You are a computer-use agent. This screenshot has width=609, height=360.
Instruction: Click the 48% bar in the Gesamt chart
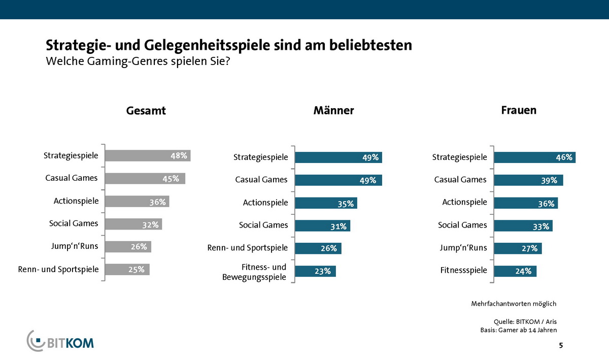click(x=147, y=155)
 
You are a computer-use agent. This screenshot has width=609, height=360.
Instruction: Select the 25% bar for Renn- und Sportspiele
click(x=127, y=269)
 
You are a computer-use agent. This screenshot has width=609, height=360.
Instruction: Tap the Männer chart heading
click(x=333, y=111)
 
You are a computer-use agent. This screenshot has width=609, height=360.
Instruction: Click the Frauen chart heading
click(x=518, y=110)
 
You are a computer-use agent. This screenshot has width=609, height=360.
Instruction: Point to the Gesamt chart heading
click(x=146, y=111)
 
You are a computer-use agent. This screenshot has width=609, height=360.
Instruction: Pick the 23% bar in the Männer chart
click(x=315, y=271)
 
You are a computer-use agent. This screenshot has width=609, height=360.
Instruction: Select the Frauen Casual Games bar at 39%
click(x=528, y=180)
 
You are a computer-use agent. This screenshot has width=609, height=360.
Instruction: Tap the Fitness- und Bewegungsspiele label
click(x=254, y=272)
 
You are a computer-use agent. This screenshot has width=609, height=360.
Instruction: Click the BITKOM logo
click(x=60, y=341)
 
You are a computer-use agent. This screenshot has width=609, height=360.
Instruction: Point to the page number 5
click(x=560, y=346)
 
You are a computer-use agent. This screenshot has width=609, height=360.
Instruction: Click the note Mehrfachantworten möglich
click(x=514, y=304)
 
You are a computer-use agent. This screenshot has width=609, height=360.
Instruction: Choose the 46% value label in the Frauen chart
click(x=564, y=157)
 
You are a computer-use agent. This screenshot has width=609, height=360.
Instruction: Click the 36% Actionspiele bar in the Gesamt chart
click(x=137, y=202)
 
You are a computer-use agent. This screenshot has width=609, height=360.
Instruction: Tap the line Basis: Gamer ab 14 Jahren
click(x=518, y=330)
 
